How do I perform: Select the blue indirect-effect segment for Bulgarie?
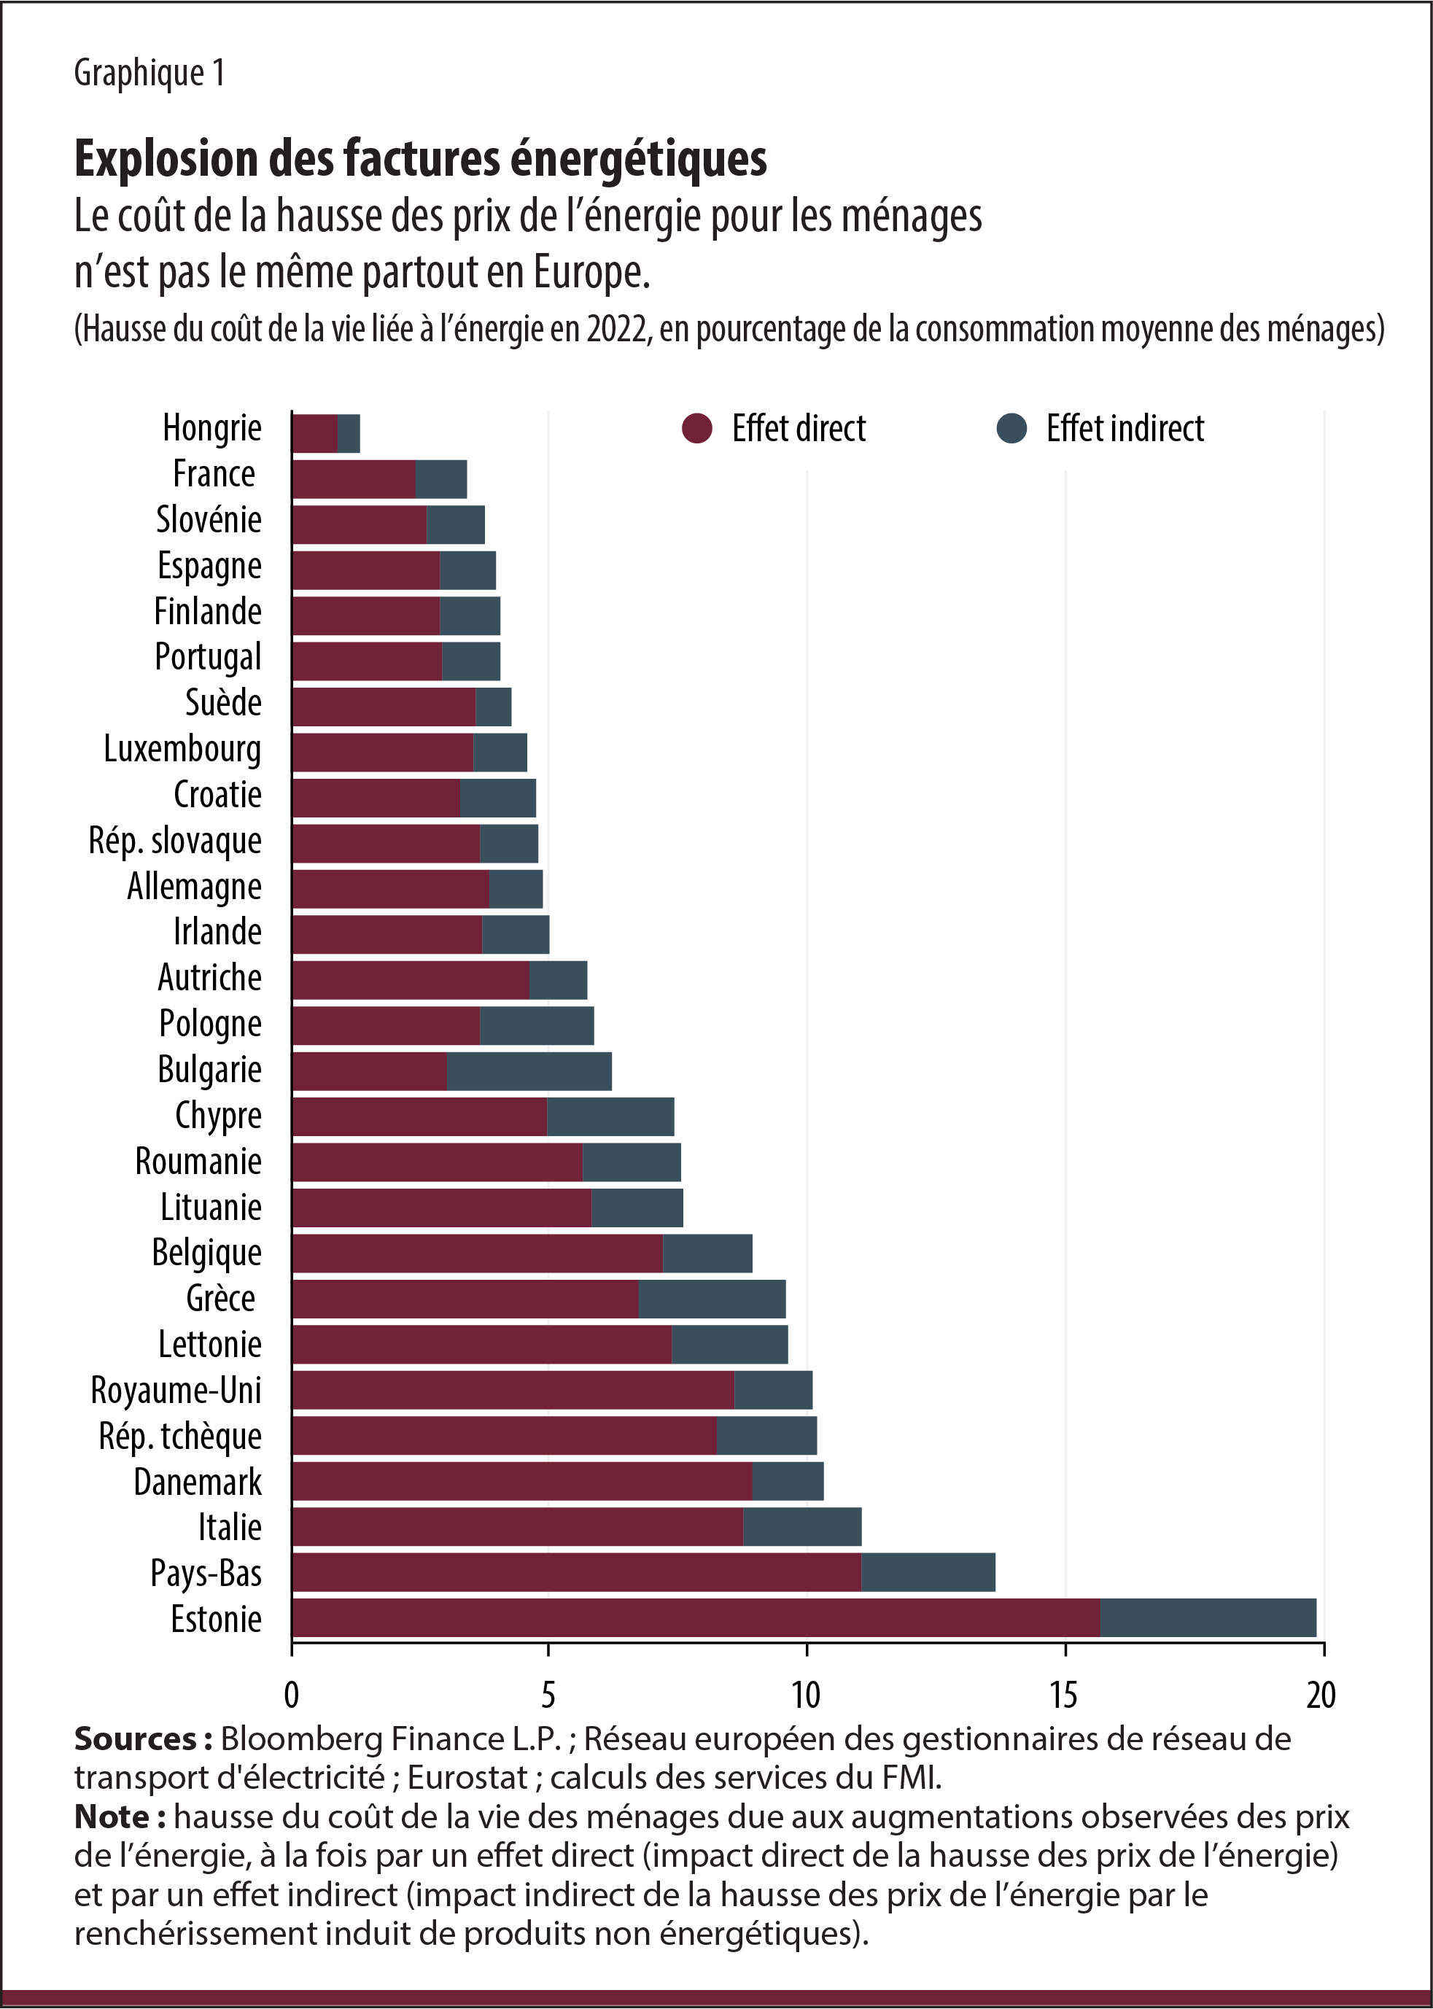pos(529,1070)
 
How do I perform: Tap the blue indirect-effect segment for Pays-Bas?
pos(928,1571)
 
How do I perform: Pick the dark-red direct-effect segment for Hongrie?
pos(315,433)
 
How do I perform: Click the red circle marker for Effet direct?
pos(697,429)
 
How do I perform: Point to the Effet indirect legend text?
pos(1125,429)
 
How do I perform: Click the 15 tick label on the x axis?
pos(1063,1694)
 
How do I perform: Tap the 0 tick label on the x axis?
pos(291,1694)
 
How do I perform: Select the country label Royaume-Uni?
pos(176,1390)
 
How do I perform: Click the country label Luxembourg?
pos(182,748)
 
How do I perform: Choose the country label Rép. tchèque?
pos(180,1436)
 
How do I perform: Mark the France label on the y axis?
pos(214,474)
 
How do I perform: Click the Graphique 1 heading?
pos(149,72)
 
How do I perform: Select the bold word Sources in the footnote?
pos(135,1738)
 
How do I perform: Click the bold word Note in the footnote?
pos(113,1816)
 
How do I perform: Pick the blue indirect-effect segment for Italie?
pos(801,1526)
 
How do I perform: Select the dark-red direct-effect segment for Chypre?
pos(419,1116)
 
